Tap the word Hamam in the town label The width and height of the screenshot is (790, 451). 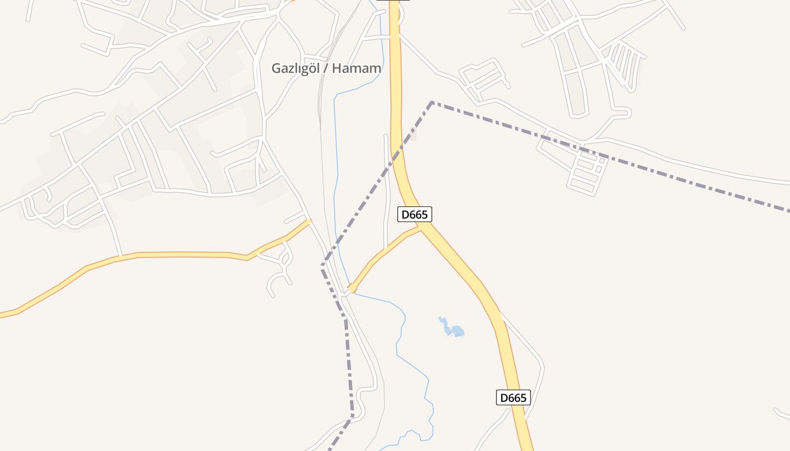[356, 69]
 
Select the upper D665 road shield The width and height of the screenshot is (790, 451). [415, 214]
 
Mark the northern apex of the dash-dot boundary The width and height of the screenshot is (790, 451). [432, 102]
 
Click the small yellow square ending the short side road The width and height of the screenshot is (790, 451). [352, 288]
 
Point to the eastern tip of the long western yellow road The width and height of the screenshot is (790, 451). [309, 221]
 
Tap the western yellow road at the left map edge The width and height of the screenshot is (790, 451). [2, 315]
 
